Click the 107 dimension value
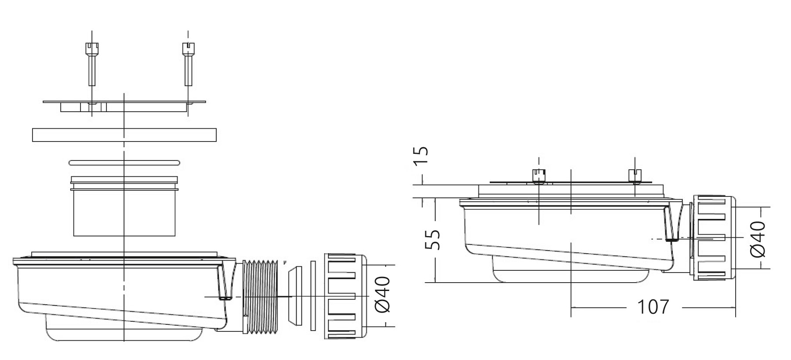click(653, 307)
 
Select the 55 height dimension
click(433, 240)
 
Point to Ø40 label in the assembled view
click(757, 239)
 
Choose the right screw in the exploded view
click(188, 64)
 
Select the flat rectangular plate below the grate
click(124, 135)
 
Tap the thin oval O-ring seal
click(124, 163)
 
